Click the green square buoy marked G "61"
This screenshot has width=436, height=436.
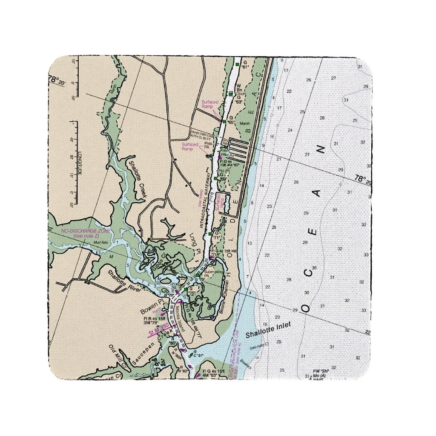(237, 64)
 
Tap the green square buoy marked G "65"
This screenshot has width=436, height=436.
(224, 121)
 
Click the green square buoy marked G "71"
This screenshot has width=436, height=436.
(210, 233)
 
